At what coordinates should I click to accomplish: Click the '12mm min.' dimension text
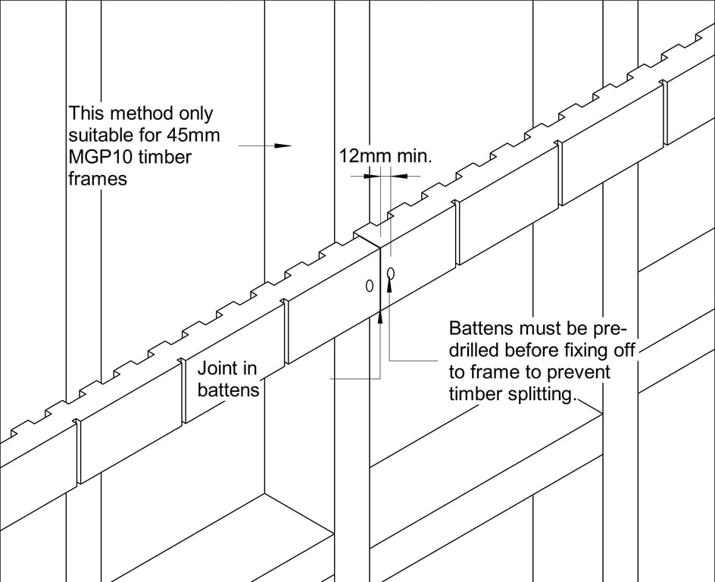click(385, 157)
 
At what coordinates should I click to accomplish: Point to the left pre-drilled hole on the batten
click(370, 286)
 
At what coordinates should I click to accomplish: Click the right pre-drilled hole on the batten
click(390, 273)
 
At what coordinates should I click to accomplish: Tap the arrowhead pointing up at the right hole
click(390, 286)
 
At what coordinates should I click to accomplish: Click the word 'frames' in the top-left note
click(98, 180)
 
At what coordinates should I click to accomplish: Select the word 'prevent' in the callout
click(582, 373)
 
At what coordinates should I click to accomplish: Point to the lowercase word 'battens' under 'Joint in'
click(228, 390)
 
